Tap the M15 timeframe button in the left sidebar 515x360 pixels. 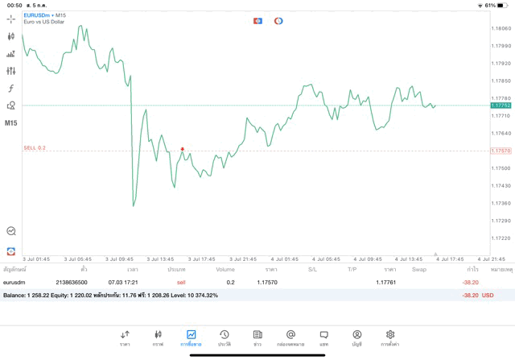point(10,123)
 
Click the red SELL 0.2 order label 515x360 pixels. point(35,147)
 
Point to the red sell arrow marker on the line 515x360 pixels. point(183,149)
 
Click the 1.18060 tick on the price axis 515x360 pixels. point(501,28)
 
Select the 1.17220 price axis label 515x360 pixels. point(501,238)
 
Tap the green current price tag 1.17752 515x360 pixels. point(501,105)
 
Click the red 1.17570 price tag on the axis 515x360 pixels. point(501,151)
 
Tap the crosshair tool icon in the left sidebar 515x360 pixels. point(10,19)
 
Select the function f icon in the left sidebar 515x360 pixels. point(10,89)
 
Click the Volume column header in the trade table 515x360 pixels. point(225,269)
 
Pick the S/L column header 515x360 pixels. point(312,269)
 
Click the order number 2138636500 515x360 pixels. point(72,283)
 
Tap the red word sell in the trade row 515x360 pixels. point(181,283)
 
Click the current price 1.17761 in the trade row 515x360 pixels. point(389,283)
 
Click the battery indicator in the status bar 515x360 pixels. point(504,5)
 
